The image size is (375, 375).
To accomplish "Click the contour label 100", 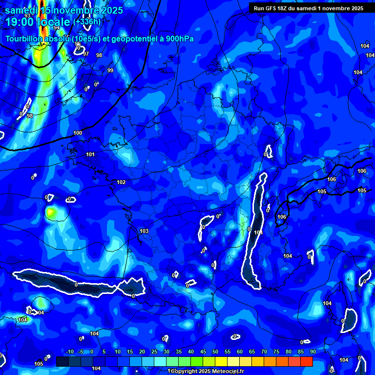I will [78, 133].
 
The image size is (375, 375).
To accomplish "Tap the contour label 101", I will [90, 154].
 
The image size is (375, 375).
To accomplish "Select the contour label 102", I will [121, 182].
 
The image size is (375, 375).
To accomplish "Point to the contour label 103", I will [144, 231].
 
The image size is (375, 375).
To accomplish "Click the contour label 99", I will [110, 71].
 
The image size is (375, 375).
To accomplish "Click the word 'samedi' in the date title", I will [22, 10].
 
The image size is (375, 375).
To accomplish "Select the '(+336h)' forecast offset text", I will [87, 22].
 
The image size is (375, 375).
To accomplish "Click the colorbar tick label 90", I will [312, 352].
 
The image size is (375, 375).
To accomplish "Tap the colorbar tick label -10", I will [69, 352].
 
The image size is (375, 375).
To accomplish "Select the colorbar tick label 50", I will [215, 352].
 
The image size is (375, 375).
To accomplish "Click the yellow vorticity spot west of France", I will [51, 212].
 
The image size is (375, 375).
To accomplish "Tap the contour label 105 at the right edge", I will [362, 190].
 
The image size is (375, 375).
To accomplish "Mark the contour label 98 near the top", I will [99, 55].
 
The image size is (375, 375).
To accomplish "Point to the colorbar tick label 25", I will [154, 352].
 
